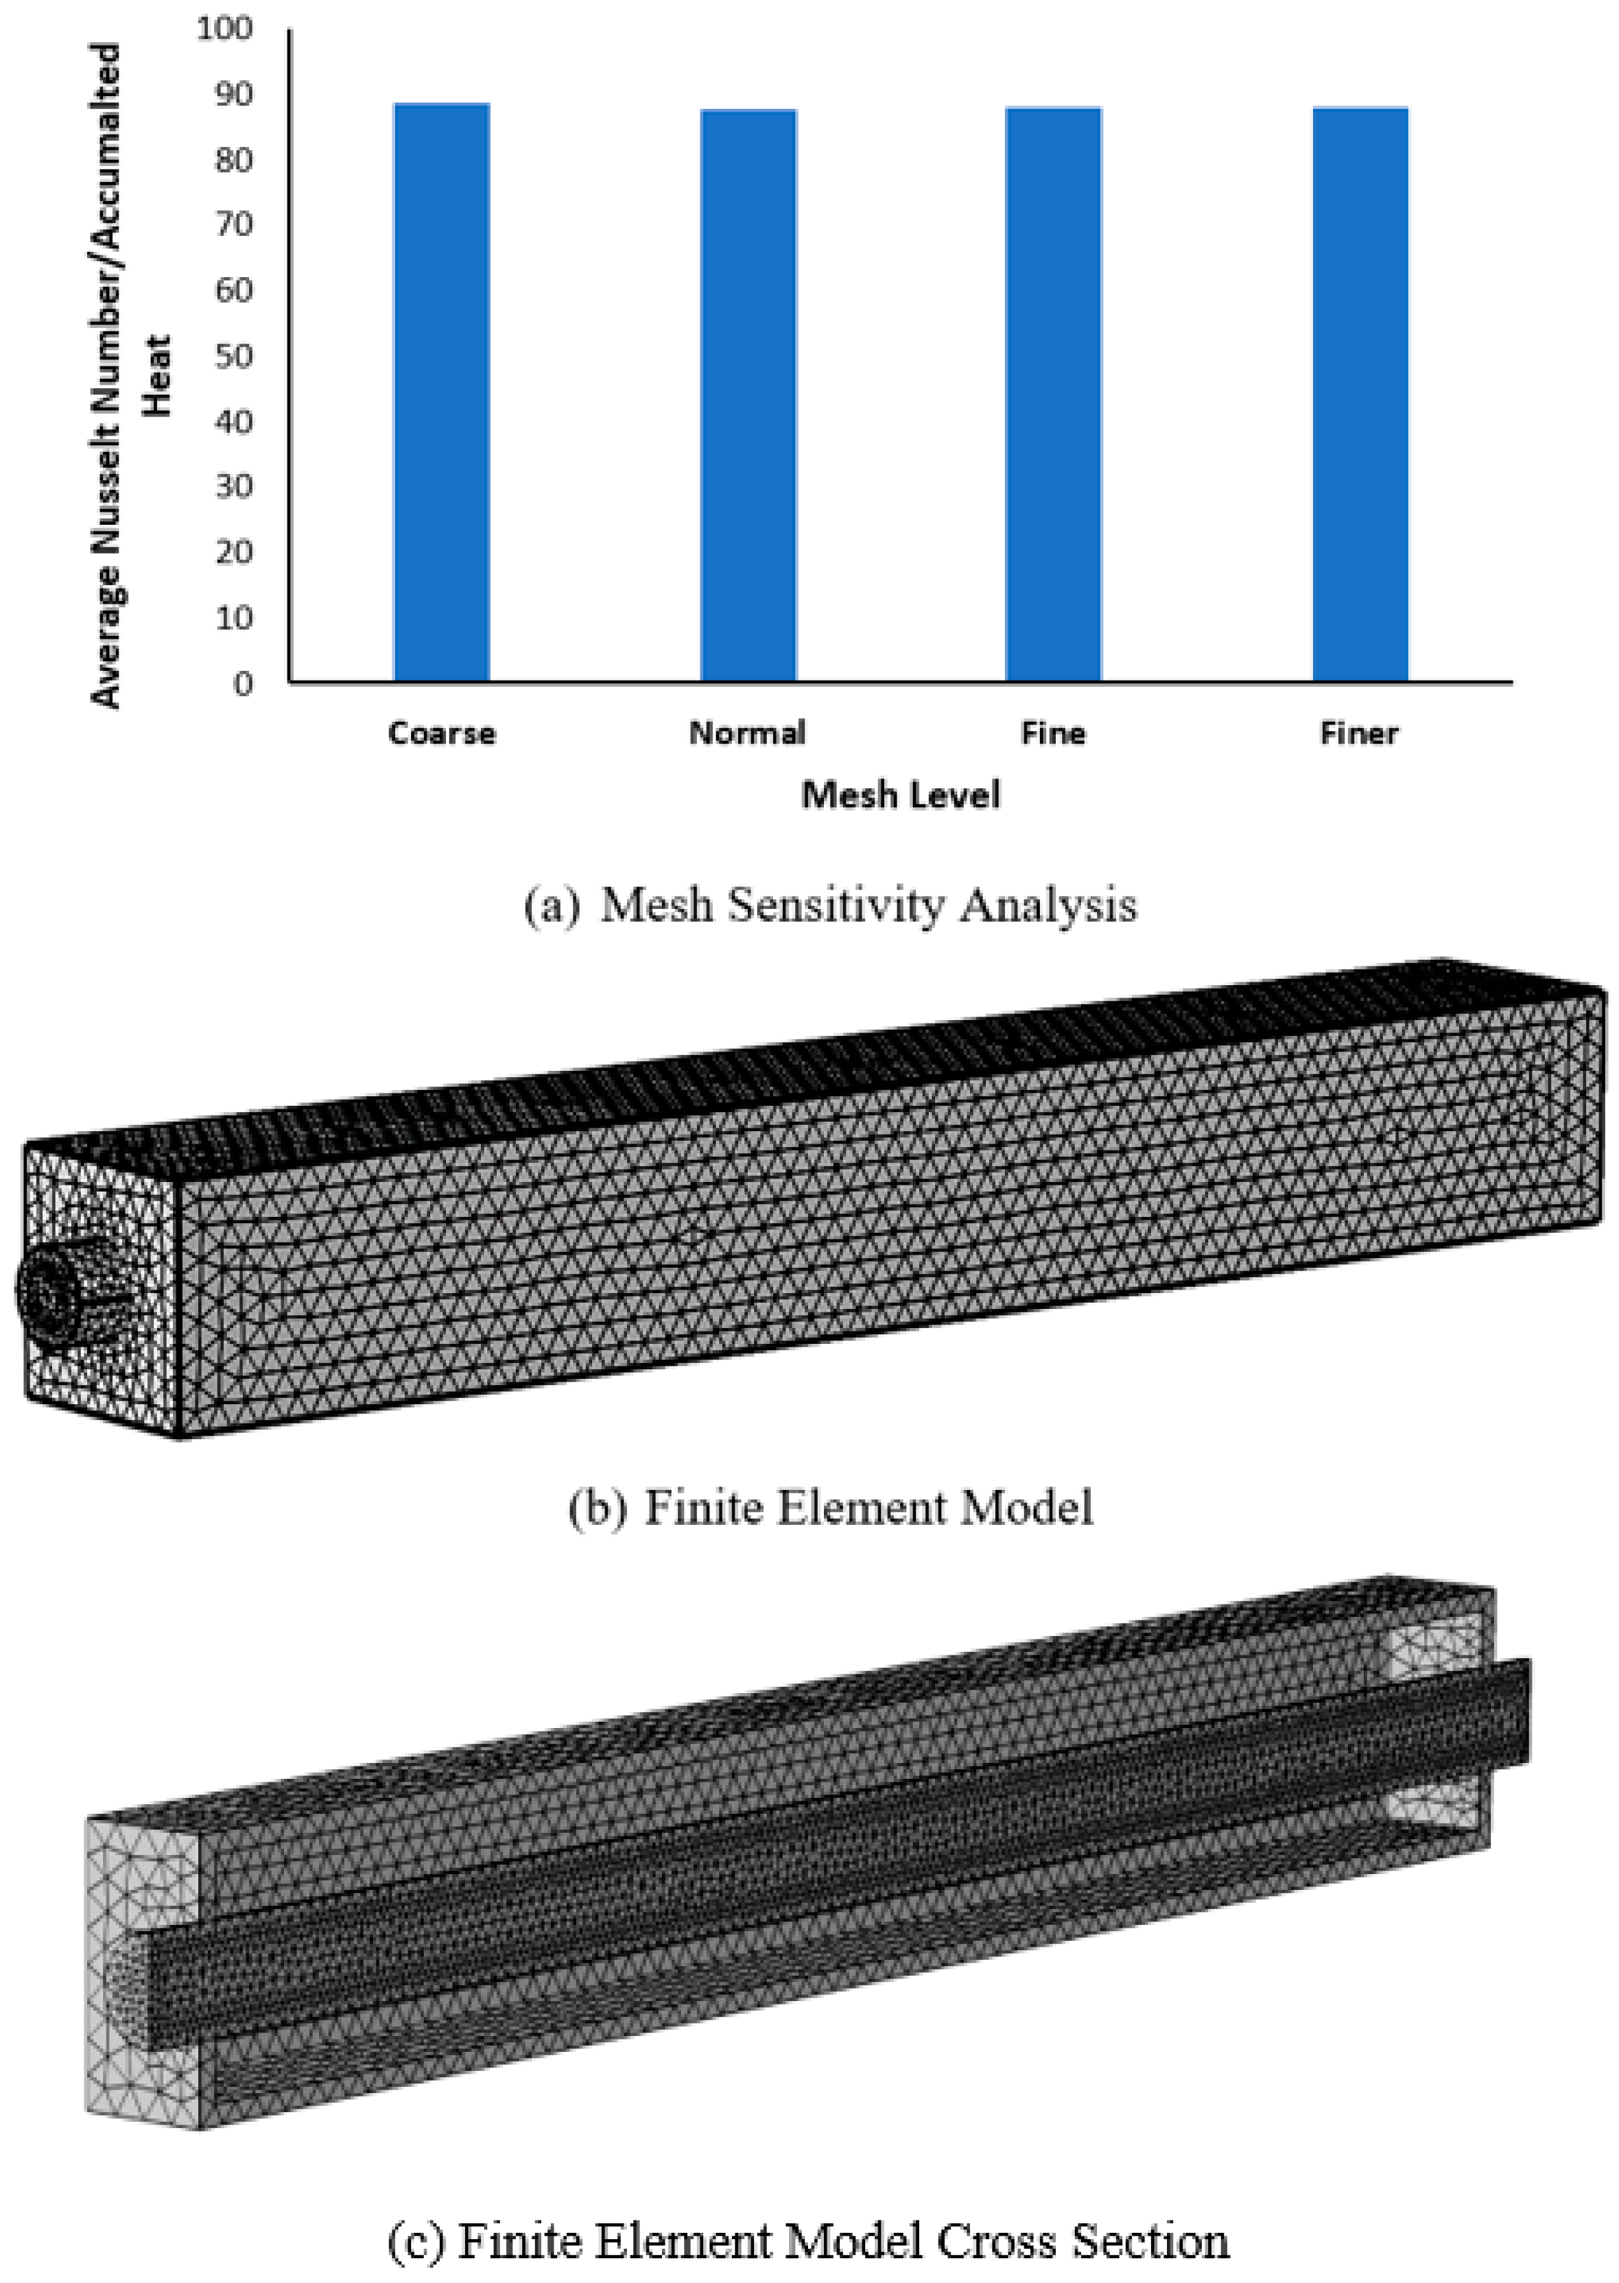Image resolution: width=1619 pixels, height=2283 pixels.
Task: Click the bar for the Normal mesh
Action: pos(748,396)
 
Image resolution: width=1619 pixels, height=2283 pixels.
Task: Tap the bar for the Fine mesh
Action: pos(1054,394)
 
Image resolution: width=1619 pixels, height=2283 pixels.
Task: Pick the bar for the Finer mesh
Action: pos(1361,394)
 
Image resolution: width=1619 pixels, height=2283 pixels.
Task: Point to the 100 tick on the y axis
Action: pos(225,28)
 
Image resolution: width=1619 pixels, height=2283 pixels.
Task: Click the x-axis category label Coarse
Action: pos(442,734)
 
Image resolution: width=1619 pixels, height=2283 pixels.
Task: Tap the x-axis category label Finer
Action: pos(1360,734)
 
